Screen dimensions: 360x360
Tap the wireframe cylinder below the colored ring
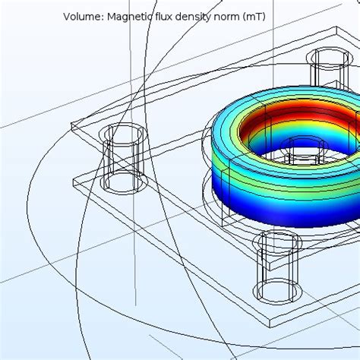276,266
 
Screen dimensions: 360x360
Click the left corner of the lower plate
74,180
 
